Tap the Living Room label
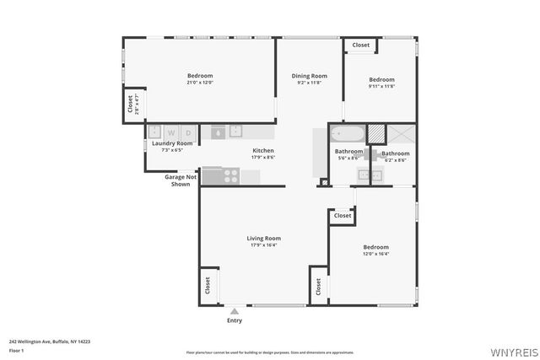pyautogui.click(x=263, y=239)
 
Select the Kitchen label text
pyautogui.click(x=263, y=151)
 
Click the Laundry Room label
pyautogui.click(x=172, y=143)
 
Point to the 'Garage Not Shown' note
pyautogui.click(x=181, y=180)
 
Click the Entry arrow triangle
pyautogui.click(x=235, y=311)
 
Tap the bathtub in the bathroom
pyautogui.click(x=346, y=133)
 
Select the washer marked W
pyautogui.click(x=171, y=132)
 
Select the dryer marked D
pyautogui.click(x=189, y=132)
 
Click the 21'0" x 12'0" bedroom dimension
pyautogui.click(x=200, y=83)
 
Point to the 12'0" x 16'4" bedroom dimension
pyautogui.click(x=375, y=254)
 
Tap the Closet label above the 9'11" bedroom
pyautogui.click(x=360, y=45)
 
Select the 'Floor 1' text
pyautogui.click(x=16, y=350)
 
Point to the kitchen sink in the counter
pyautogui.click(x=227, y=132)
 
